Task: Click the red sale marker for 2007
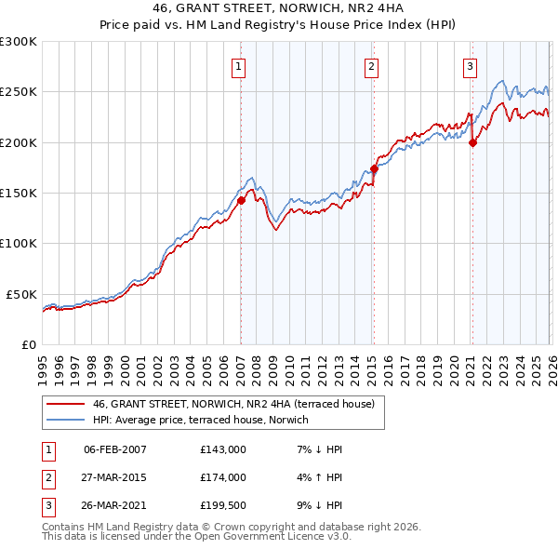point(241,200)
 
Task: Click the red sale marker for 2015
point(374,168)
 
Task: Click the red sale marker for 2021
point(472,142)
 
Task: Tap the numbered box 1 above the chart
point(239,66)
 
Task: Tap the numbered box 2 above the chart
point(371,66)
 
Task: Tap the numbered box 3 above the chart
point(470,66)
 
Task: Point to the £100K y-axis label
point(18,243)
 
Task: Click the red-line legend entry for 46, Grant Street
point(232,404)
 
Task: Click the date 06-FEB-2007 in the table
point(115,449)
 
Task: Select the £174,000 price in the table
point(223,477)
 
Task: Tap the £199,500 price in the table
point(223,505)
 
